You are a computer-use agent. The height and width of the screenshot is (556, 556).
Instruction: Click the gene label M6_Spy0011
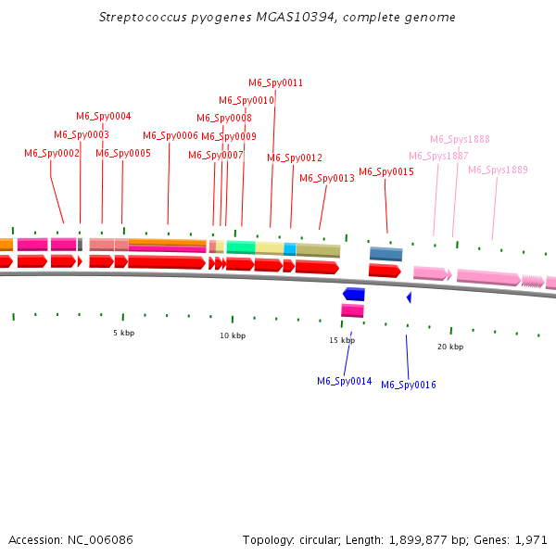click(x=275, y=82)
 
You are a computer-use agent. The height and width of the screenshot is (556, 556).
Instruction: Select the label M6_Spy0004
click(x=103, y=116)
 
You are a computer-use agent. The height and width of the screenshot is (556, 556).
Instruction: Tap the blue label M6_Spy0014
click(x=344, y=381)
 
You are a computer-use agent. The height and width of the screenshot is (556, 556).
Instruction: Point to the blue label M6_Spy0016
click(x=408, y=385)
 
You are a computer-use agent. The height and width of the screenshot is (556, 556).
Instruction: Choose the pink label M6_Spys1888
click(x=460, y=139)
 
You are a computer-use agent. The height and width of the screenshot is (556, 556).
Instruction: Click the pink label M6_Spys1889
click(x=498, y=170)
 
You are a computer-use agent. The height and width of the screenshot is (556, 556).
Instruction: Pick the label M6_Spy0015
click(x=385, y=171)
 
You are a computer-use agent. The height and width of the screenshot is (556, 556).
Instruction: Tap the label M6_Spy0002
click(x=52, y=153)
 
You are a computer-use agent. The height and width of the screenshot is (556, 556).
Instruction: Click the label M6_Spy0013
click(x=326, y=178)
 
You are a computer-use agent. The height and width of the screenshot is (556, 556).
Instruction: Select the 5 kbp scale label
click(x=123, y=333)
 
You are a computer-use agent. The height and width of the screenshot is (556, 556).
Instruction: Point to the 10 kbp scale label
click(x=233, y=335)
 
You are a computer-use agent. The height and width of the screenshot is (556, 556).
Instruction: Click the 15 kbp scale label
click(x=342, y=340)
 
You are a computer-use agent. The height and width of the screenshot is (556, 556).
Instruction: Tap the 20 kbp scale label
click(x=450, y=347)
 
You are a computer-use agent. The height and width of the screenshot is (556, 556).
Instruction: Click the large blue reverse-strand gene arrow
click(x=353, y=294)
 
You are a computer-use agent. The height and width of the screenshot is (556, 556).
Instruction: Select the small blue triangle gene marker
click(x=409, y=297)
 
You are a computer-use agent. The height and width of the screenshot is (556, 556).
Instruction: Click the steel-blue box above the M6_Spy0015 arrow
click(x=385, y=253)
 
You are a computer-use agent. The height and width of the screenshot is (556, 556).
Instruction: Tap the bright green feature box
click(x=240, y=247)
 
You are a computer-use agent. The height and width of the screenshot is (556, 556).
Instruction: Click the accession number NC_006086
click(x=107, y=539)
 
